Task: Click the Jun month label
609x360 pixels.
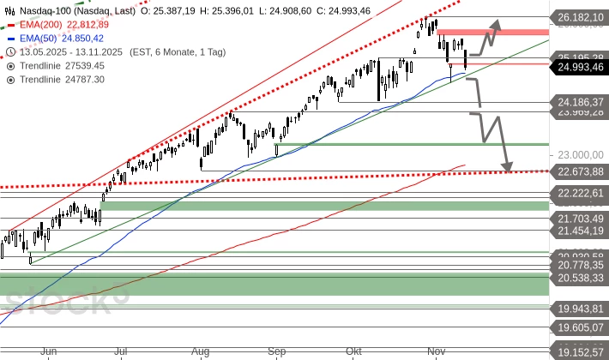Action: pos(49,351)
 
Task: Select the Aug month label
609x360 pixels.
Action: pos(200,351)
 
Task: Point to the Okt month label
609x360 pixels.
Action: pos(353,351)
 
